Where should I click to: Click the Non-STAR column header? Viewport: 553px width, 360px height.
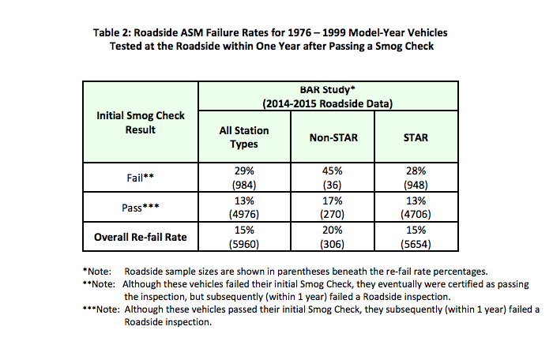coord(333,137)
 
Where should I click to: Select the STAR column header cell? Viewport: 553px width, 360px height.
coord(416,137)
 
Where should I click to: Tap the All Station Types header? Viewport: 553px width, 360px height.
coord(244,137)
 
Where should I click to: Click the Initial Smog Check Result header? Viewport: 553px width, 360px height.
coord(141,122)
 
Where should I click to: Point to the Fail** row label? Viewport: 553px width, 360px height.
coord(141,178)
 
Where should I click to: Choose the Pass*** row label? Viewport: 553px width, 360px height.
coord(141,208)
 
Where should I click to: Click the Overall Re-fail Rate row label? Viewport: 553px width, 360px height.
coord(141,237)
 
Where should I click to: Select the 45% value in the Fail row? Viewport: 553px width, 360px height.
coord(333,171)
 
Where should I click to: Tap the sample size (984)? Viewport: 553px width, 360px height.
coord(244,185)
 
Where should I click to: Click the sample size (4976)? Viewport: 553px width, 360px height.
coord(244,214)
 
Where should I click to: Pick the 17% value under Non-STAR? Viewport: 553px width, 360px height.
coord(333,201)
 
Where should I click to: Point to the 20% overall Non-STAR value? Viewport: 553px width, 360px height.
coord(333,231)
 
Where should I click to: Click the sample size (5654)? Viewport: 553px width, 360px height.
coord(416,244)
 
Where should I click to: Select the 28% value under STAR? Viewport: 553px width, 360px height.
coord(416,171)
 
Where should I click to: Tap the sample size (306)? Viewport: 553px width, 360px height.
coord(333,244)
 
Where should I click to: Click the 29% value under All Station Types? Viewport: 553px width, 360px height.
coord(244,171)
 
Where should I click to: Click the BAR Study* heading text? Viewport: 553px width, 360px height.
coord(327,89)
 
